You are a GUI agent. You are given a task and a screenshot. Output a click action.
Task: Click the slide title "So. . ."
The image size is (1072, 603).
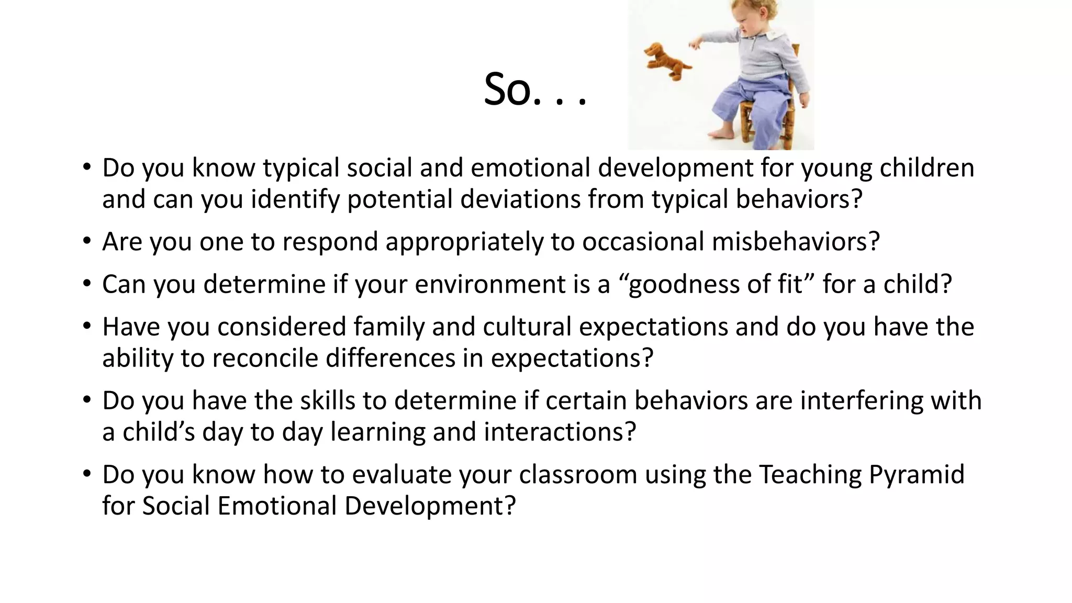(x=535, y=89)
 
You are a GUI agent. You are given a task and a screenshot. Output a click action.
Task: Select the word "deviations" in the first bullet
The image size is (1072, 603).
(x=520, y=199)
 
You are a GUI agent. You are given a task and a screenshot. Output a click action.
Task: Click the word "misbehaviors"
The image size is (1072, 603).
(x=795, y=242)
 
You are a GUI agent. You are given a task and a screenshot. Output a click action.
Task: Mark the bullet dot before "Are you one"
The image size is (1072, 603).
(x=87, y=241)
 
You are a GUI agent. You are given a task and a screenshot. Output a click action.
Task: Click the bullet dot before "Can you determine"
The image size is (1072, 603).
(x=87, y=284)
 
